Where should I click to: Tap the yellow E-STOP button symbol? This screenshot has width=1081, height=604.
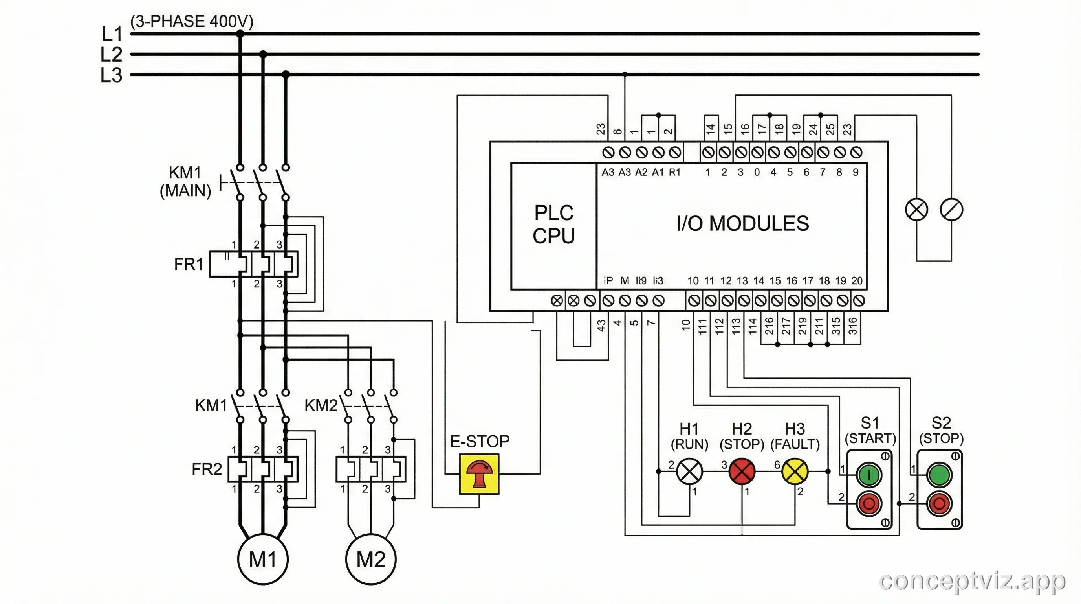coord(479,474)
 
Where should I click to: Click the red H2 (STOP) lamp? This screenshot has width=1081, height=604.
coord(742,471)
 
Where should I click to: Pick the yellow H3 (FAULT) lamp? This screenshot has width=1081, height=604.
coord(794,471)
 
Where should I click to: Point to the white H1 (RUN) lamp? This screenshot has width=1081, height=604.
coord(689,471)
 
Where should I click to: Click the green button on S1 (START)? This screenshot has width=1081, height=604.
coord(869,475)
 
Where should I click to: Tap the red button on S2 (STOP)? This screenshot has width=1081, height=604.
coord(939,503)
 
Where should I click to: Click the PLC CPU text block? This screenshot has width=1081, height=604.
coord(553,224)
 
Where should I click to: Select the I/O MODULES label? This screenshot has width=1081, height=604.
coord(742,223)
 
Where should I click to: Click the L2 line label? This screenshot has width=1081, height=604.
coord(111,55)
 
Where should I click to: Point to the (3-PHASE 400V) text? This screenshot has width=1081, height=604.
coord(192,21)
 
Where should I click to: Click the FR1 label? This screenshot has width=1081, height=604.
coord(189,264)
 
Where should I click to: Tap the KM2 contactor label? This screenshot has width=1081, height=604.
coord(321,406)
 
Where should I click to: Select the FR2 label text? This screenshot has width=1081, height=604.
coord(207,469)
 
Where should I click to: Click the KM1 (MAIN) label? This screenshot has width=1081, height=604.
coord(185,181)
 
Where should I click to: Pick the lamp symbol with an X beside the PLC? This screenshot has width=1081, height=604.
coord(916,210)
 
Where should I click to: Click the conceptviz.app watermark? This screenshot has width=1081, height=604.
coord(972,581)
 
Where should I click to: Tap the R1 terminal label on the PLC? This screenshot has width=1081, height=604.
coord(674,172)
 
